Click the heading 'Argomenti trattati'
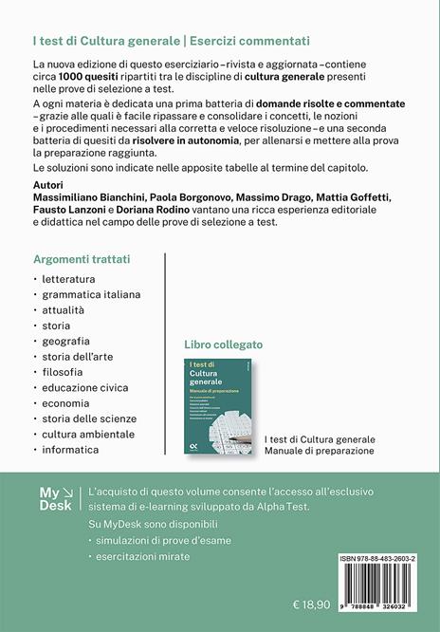tap(82, 258)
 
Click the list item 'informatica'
tap(69, 449)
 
